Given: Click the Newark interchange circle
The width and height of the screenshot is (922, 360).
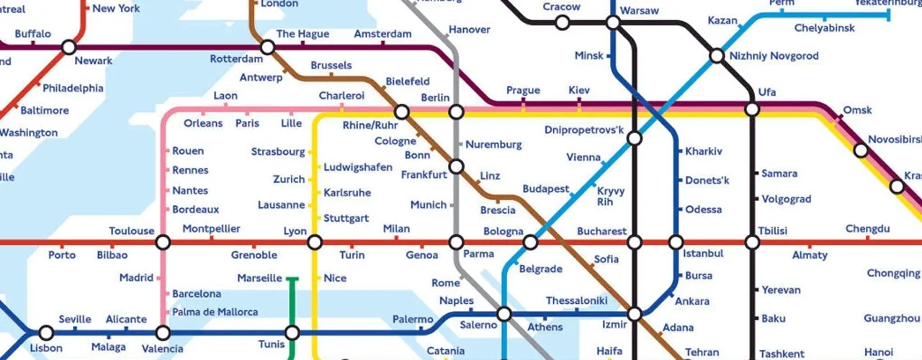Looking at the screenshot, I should pos(68,48).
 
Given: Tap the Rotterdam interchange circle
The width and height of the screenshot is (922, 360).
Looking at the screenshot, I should pos(267,48).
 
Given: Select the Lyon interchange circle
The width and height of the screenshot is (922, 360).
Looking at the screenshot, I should pos(315,243).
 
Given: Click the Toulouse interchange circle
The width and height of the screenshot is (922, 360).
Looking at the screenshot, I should pos(163,243).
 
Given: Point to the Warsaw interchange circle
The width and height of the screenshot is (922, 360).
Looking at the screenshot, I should pos(613,23).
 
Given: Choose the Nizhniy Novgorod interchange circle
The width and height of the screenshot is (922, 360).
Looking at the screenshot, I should pos(717,56).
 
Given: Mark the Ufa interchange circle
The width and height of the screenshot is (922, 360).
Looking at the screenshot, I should pos(752,109).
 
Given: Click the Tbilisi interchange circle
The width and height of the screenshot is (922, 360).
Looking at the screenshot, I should pos(752,243).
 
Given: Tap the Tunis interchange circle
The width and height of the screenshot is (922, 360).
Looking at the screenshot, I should pos(292,333).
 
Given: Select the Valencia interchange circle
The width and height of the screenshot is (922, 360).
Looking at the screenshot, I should pos(163,333).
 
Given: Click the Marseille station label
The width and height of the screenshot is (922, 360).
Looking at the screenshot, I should pos(259,279).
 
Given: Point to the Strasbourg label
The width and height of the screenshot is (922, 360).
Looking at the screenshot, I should pos(278,152).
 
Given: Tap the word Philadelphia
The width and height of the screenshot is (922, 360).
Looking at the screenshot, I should pos(73,89).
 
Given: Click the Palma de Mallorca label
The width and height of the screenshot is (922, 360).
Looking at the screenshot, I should pos(215,312).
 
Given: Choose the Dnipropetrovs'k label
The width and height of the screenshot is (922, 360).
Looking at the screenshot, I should pos(584,130).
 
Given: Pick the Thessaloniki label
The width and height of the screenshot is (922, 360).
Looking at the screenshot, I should pos(576,300).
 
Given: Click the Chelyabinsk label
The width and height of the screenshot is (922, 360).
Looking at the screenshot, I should pos(825,28).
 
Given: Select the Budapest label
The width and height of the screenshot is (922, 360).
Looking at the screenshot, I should pos(545,189).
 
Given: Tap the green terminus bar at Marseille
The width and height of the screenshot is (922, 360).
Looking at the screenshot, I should pos(292,278).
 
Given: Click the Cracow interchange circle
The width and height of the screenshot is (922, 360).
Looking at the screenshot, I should pos(562,23).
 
